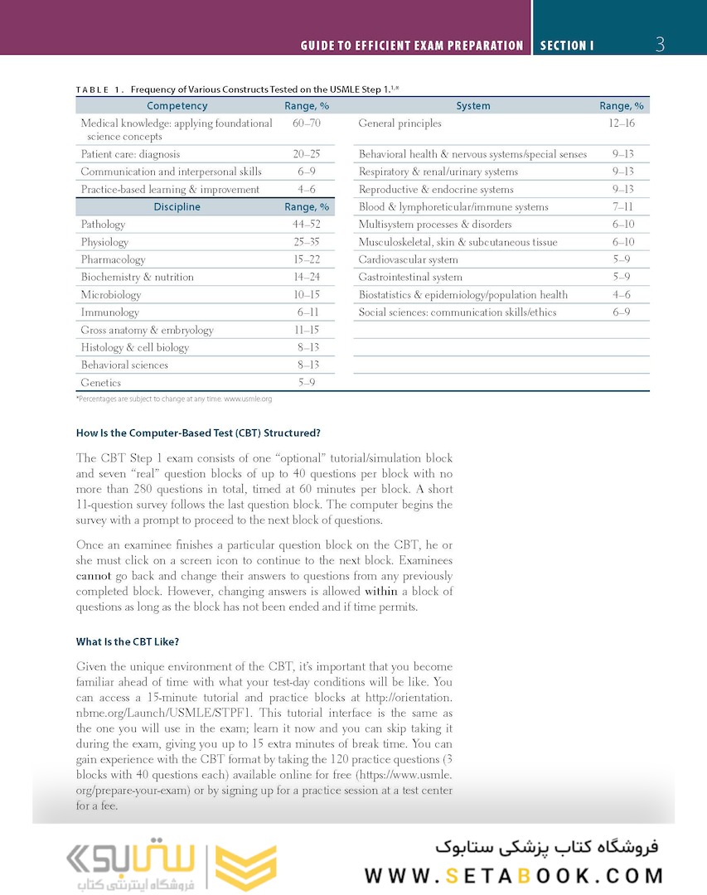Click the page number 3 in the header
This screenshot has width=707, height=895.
coord(660,45)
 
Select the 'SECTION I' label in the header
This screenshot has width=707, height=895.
coord(567,46)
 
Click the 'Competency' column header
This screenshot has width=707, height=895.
coord(177,106)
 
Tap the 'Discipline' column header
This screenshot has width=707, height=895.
coord(177,207)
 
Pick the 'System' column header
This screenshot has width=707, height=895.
coord(472,106)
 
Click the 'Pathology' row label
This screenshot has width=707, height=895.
coord(103,225)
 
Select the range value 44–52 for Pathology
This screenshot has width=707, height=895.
coord(307,225)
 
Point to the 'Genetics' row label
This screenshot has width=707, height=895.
coord(100,383)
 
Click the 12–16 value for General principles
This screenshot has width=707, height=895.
coord(622,123)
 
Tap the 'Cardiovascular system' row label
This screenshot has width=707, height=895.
coord(408,259)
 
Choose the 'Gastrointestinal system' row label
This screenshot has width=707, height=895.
coord(410,278)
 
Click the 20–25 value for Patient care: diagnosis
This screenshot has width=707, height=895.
coord(307,154)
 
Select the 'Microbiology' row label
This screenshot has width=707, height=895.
coord(110,295)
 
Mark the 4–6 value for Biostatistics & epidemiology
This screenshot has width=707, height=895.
coord(622,295)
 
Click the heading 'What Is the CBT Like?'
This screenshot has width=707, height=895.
coord(127,641)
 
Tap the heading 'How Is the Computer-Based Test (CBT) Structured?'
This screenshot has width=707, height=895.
coord(197,433)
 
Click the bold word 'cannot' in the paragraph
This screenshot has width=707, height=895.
coord(93,576)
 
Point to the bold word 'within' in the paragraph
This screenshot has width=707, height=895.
coord(382,592)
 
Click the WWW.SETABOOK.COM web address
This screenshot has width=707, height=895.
coord(514,875)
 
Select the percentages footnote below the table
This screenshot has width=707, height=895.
coord(173,399)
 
